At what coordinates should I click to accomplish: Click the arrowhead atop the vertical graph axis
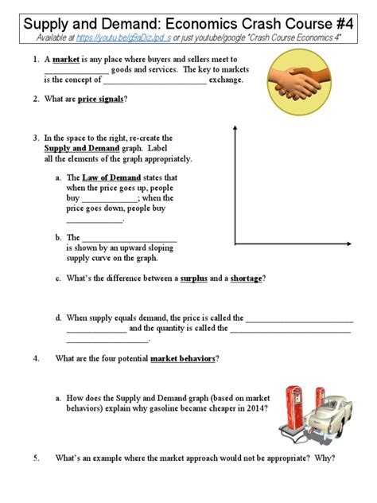click(235, 128)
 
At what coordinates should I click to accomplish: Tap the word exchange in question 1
click(230, 80)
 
